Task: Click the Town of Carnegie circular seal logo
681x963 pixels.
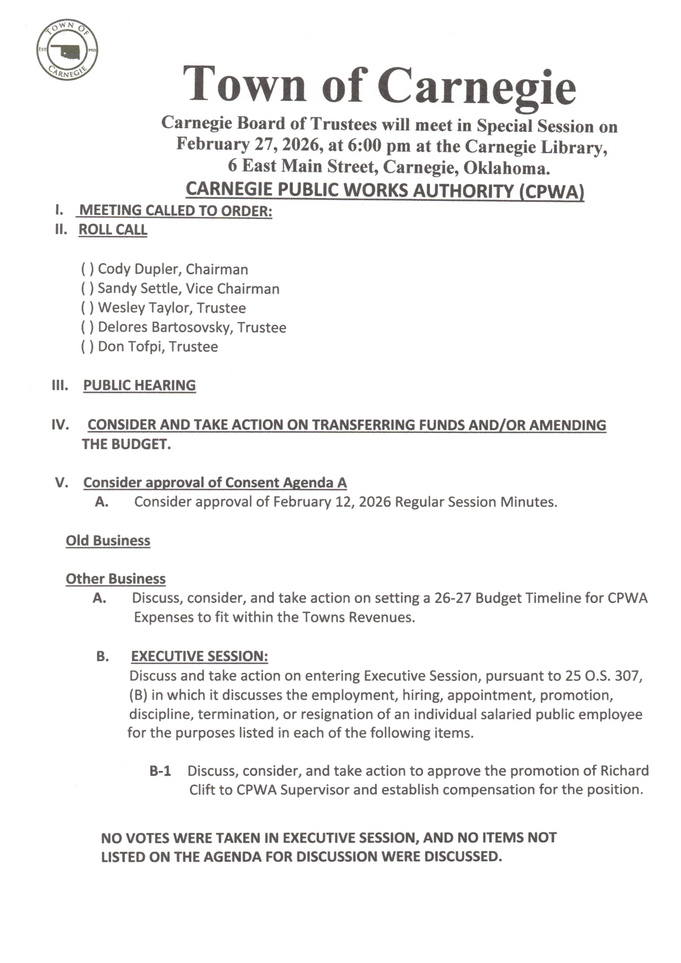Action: [67, 50]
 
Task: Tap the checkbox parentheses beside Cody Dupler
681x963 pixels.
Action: [87, 269]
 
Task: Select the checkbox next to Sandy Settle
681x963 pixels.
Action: [87, 289]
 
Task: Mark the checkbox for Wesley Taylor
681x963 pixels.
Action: [87, 308]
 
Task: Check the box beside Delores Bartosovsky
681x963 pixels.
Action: [87, 327]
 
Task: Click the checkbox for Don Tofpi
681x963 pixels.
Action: [87, 346]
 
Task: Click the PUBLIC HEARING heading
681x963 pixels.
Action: [139, 385]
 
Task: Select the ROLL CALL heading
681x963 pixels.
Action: [113, 229]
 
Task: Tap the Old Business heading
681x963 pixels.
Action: [108, 540]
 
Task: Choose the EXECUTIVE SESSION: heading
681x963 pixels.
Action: [199, 656]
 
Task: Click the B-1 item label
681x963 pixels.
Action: [160, 771]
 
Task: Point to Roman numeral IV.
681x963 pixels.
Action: [60, 425]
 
